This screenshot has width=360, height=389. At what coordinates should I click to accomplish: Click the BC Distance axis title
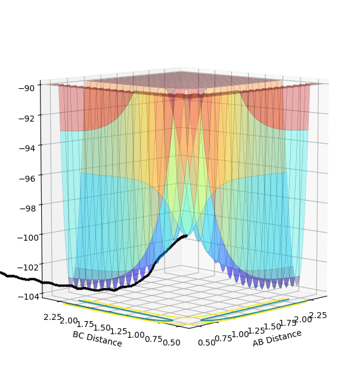click(x=97, y=339)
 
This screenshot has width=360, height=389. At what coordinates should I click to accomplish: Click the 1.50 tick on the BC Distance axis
click(x=102, y=327)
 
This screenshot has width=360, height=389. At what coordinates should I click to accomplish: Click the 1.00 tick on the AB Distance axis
click(x=240, y=334)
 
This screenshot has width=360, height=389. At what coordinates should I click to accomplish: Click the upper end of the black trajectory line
click(x=186, y=236)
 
